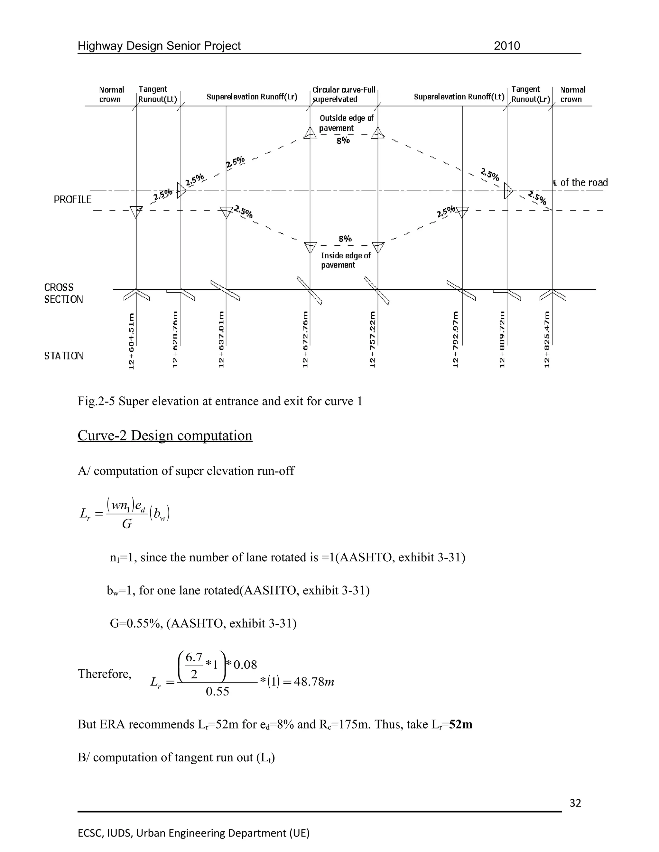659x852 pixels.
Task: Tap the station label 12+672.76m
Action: tap(305, 339)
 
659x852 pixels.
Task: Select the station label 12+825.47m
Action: tap(547, 339)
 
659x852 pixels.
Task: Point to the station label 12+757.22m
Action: tap(372, 339)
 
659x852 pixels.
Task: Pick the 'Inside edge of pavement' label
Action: tap(346, 260)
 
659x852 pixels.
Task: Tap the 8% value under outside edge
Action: tap(343, 141)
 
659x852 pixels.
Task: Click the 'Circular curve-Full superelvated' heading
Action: tap(344, 95)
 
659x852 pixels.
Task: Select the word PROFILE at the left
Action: tap(73, 200)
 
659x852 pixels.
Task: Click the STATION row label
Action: tap(64, 356)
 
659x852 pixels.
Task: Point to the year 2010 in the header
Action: tap(507, 46)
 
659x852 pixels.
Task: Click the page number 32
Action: tap(575, 803)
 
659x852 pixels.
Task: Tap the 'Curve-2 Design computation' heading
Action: tap(165, 435)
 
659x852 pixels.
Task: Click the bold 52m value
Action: tap(461, 724)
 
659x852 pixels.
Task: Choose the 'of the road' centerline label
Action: tap(584, 183)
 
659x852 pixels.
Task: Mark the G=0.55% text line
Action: tap(203, 623)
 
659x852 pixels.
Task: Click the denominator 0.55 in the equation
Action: tap(218, 692)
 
